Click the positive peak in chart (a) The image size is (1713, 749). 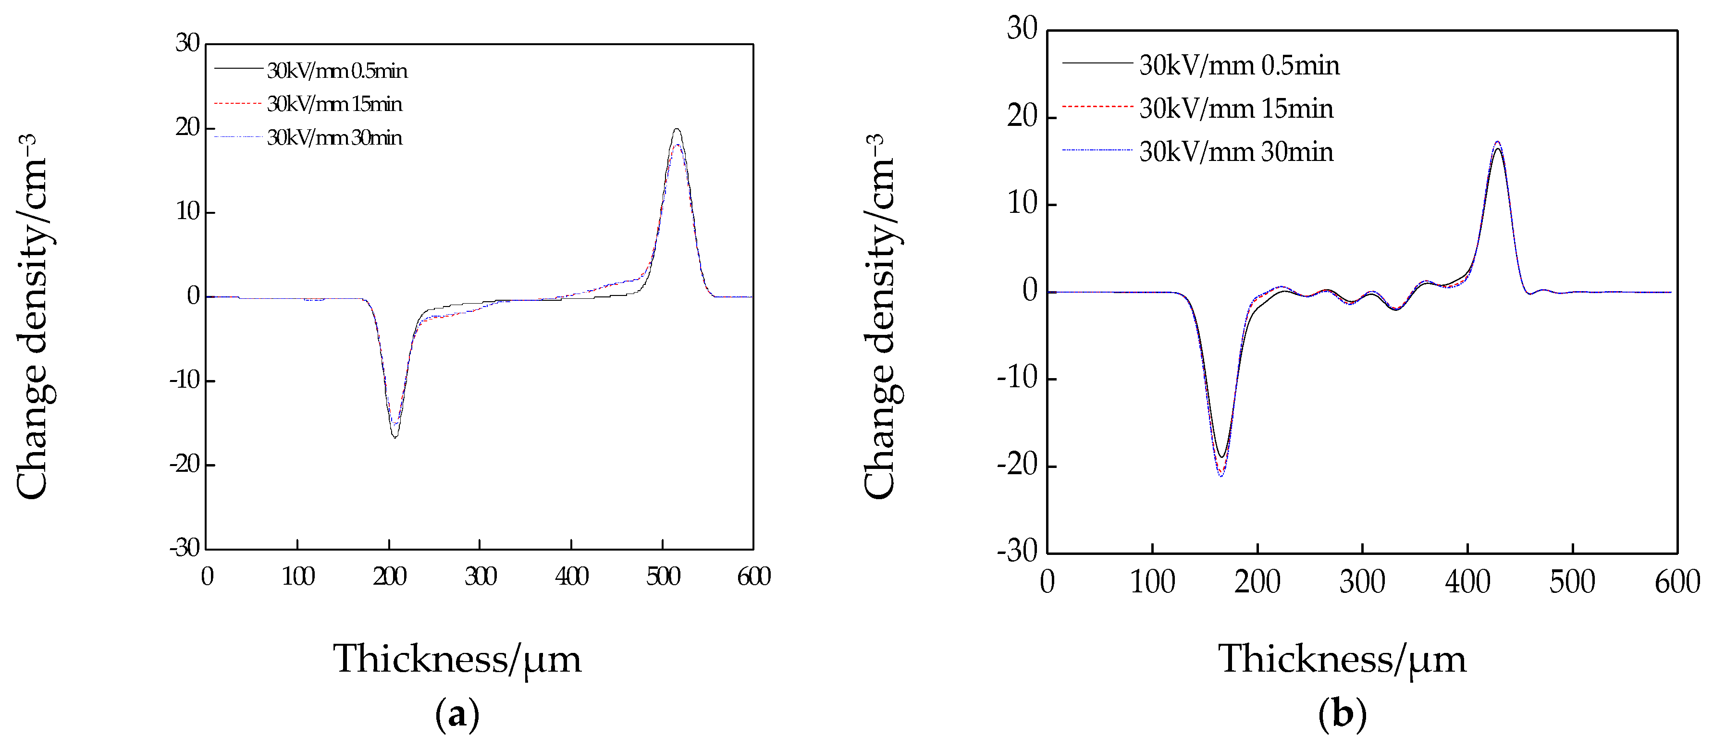point(677,130)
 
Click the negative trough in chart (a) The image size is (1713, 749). point(395,436)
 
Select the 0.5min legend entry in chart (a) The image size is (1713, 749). point(336,71)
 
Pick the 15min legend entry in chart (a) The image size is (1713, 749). point(334,104)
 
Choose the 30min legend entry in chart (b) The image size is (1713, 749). point(1235,152)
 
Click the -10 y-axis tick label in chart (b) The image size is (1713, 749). point(1017,378)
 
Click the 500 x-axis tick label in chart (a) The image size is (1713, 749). point(663,576)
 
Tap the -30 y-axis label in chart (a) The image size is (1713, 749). point(185,548)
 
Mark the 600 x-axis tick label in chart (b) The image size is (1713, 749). point(1677,582)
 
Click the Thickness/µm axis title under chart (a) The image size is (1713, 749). point(457,659)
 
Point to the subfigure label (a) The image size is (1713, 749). point(457,714)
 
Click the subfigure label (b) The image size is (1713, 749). point(1342,714)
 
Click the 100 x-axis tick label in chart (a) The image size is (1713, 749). point(298,576)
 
